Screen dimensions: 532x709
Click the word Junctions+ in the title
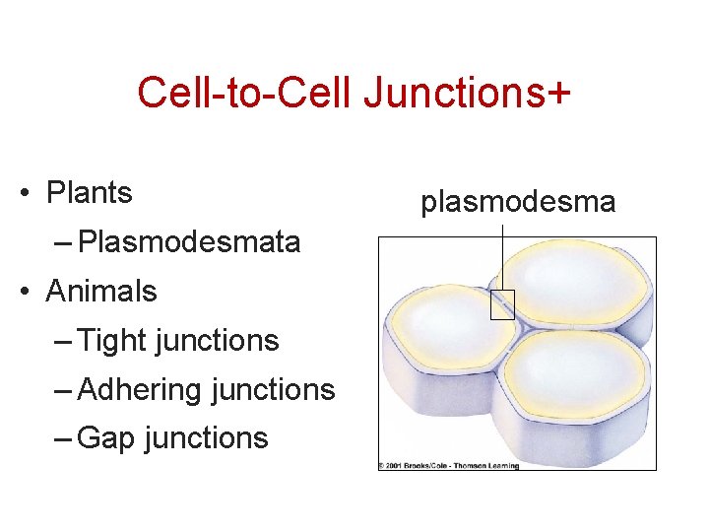[469, 94]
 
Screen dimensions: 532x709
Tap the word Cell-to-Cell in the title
[246, 94]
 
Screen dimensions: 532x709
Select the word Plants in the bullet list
[89, 193]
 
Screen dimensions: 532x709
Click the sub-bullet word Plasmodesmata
[189, 242]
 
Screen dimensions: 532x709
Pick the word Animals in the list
[101, 292]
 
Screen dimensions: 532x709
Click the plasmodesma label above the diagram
[518, 203]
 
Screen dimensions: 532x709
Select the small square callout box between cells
[502, 305]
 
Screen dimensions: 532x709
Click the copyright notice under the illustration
[448, 465]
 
